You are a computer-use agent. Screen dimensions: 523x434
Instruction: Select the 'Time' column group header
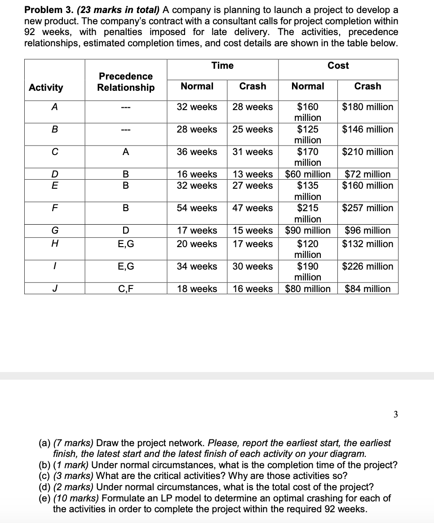222,66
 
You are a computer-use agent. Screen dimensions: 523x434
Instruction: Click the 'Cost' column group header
338,66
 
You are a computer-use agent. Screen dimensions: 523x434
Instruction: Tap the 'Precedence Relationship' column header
126,82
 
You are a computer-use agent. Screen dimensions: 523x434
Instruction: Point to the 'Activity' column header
46,87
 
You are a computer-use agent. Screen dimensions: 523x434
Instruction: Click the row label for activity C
54,152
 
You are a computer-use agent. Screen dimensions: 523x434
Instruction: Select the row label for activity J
54,288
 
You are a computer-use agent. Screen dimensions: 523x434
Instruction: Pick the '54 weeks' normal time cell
197,208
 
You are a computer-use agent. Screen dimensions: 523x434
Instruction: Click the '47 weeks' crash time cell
252,208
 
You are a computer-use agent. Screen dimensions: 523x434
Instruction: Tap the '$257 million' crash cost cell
368,208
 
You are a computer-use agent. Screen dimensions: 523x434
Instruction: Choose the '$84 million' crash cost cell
368,288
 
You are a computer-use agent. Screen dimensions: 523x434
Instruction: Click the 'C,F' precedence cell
126,288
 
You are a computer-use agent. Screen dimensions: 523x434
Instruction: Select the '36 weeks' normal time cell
197,152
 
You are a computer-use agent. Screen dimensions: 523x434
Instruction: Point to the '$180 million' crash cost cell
368,107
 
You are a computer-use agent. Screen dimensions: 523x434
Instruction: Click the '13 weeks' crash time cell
252,174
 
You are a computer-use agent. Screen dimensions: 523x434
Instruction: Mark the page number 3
395,415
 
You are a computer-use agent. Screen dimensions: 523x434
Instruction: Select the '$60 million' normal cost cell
308,174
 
